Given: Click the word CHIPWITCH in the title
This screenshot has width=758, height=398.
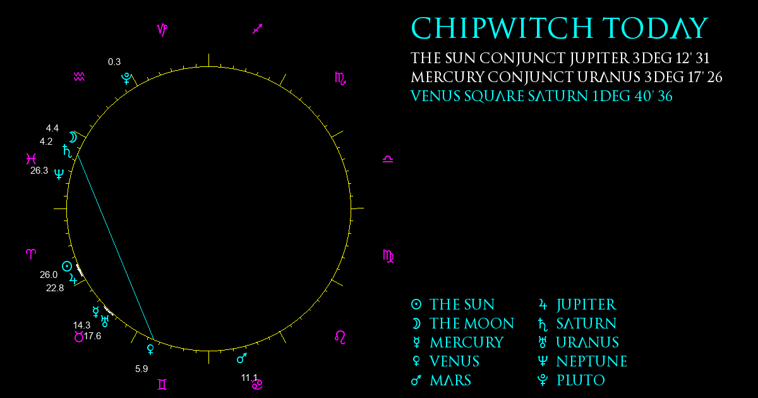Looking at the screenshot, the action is tap(502, 28).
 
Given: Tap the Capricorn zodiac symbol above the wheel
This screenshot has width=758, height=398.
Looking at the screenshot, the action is tap(162, 30).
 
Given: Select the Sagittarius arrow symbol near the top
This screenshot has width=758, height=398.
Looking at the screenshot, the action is tap(258, 29).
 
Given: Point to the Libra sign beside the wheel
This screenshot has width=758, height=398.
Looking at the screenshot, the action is tap(388, 159).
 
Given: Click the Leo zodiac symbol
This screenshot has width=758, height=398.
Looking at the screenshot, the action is tap(340, 337).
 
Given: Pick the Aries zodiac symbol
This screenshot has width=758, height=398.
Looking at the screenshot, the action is tap(31, 254).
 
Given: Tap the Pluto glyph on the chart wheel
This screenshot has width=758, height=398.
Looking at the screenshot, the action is tap(126, 78).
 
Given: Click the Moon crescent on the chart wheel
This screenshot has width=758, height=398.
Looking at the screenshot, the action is tap(73, 138).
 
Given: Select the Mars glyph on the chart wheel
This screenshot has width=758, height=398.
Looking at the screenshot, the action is tap(242, 358).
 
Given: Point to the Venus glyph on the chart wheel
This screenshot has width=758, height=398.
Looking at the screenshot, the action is tap(150, 349).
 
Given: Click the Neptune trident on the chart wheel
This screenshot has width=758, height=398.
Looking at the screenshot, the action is tap(59, 174).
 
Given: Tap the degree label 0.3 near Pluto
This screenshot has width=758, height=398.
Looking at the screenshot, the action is tap(114, 62).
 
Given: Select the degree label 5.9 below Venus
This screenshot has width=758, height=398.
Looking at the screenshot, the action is tap(141, 368).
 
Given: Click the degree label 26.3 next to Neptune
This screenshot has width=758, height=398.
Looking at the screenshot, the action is tap(39, 171).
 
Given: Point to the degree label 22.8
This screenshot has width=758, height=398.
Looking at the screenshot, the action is tap(55, 288).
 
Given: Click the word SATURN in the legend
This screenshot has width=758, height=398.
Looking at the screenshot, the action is tap(586, 323).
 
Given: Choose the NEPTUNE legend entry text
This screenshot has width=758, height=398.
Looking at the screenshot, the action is tap(592, 361).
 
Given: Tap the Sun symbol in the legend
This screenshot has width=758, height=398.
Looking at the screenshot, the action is tap(416, 305).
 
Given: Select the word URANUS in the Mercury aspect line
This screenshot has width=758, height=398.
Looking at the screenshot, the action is tap(609, 77).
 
